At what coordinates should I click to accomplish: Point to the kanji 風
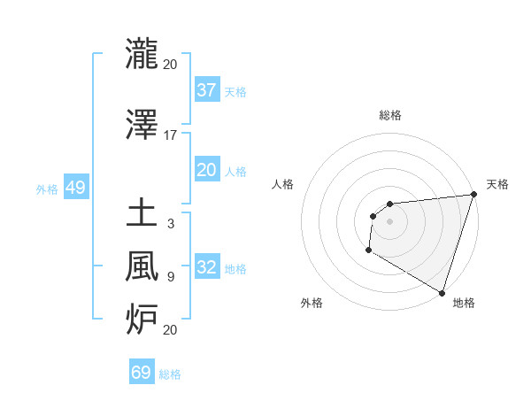click(x=142, y=266)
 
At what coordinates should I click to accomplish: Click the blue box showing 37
click(x=206, y=90)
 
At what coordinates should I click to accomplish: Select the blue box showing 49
click(x=75, y=188)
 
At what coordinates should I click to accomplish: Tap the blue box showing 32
click(x=206, y=267)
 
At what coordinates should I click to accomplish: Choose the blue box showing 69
click(x=142, y=373)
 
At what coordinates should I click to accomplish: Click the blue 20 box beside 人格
click(x=206, y=170)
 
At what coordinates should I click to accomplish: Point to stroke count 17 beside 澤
click(x=170, y=135)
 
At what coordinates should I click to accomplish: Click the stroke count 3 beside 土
click(x=170, y=224)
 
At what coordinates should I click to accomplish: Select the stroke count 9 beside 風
click(x=170, y=277)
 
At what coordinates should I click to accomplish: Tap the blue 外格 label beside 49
click(x=47, y=189)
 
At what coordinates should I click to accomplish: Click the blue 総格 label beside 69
click(x=170, y=374)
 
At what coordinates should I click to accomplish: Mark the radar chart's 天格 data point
click(x=473, y=195)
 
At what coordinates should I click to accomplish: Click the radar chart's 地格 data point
click(x=442, y=292)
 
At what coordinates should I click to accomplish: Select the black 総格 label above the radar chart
click(x=389, y=115)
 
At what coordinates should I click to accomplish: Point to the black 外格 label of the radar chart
click(x=312, y=303)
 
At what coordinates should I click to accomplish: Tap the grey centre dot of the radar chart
click(x=389, y=221)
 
